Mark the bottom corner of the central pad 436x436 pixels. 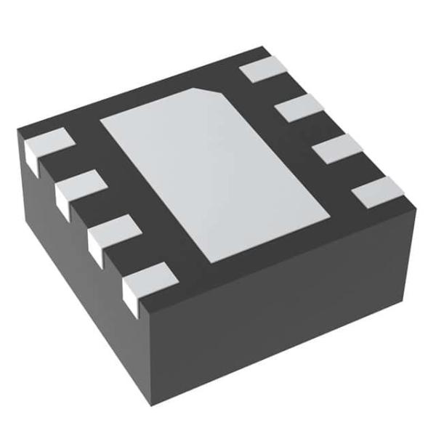click(x=211, y=262)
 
